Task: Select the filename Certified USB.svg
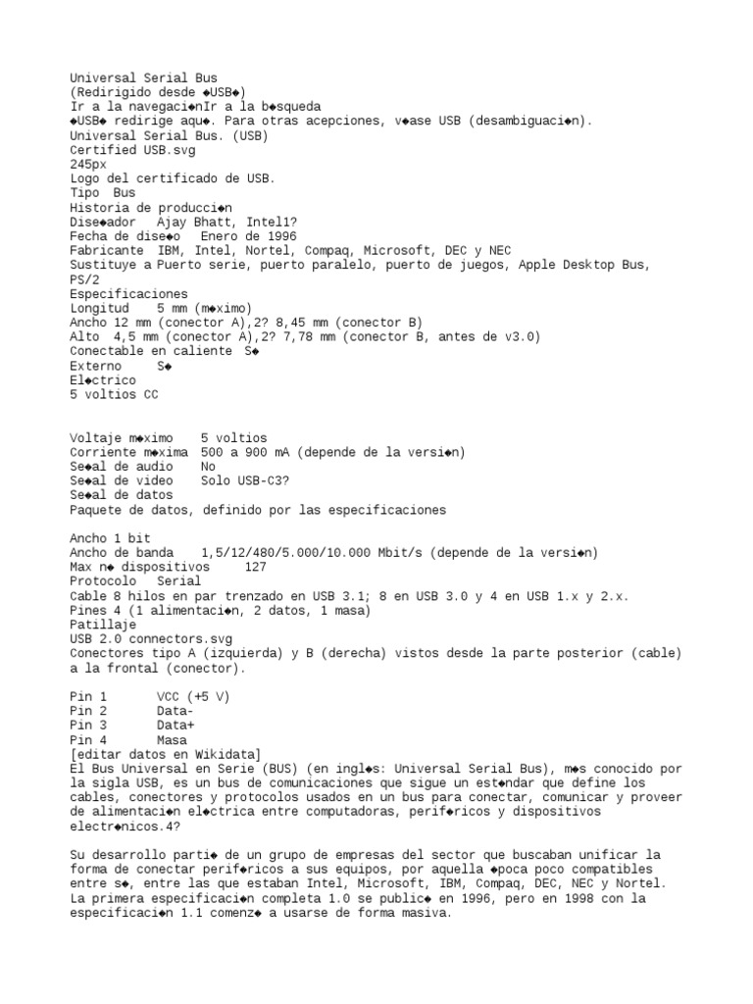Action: [131, 150]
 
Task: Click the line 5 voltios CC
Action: [114, 395]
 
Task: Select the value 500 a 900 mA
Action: [248, 452]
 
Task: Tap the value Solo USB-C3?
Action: [244, 481]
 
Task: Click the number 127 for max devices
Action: [255, 568]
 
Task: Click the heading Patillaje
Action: [103, 625]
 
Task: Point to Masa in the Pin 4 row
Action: [172, 740]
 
